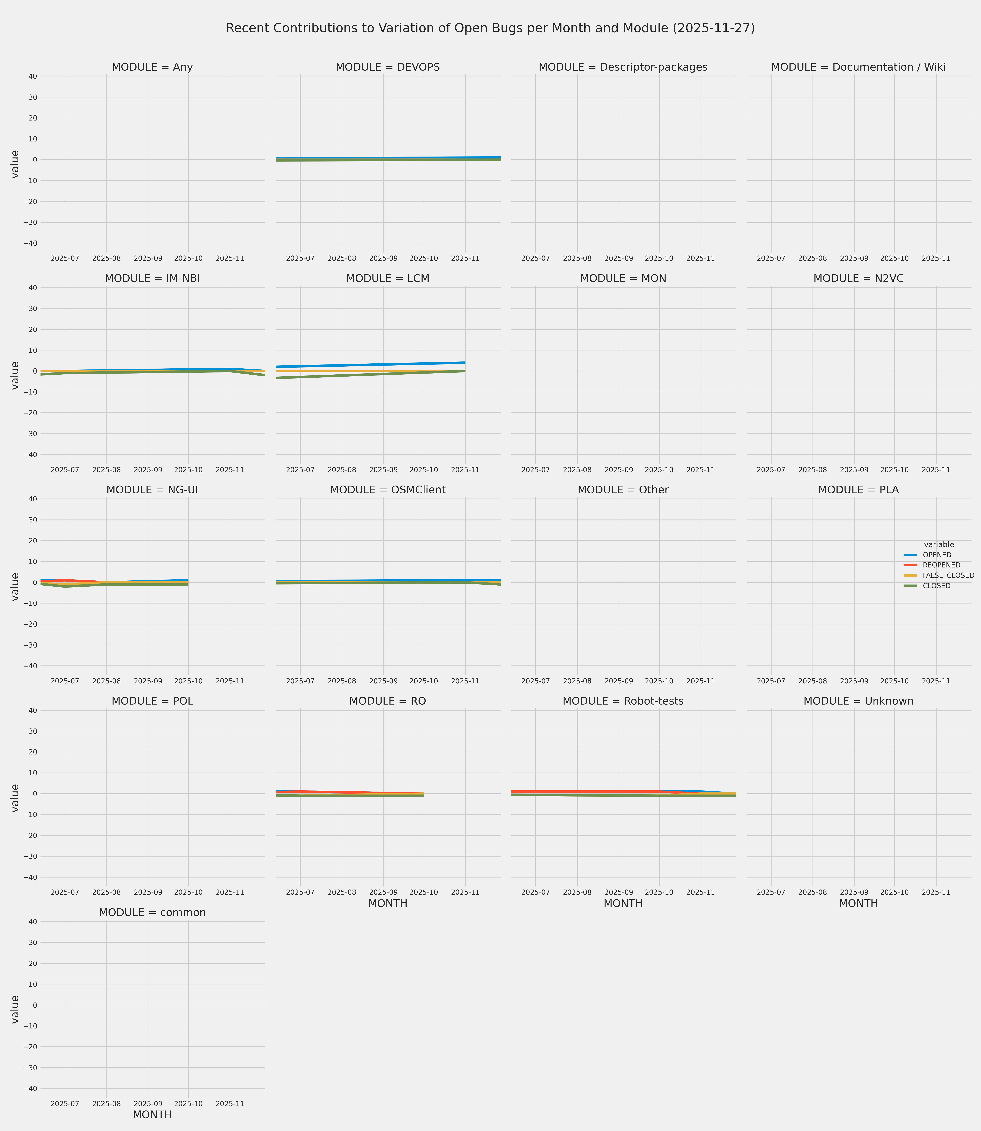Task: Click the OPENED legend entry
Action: pos(937,555)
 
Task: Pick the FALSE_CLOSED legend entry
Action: pos(948,576)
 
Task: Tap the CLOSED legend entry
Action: pos(936,586)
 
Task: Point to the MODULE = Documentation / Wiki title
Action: pos(858,67)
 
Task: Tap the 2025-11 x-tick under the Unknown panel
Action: pos(936,893)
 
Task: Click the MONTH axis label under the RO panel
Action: pos(388,904)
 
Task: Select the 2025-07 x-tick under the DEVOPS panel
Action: pos(300,258)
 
